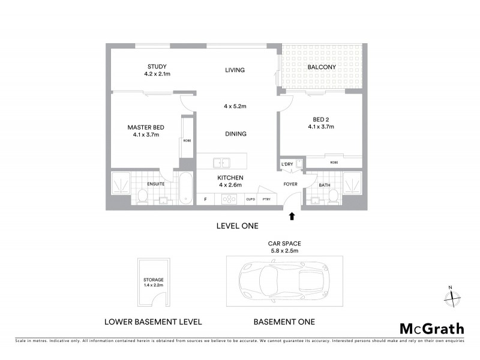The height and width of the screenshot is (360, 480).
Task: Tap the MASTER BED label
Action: (146, 127)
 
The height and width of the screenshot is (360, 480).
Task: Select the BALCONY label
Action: (322, 67)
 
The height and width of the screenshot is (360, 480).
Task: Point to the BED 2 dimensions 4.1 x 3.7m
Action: (321, 127)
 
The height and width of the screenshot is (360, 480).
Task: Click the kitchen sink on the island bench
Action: (221, 161)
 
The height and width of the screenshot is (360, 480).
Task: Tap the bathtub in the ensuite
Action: (186, 188)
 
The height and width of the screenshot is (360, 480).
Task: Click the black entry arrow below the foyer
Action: (292, 215)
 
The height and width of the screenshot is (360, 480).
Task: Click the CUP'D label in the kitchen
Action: (250, 199)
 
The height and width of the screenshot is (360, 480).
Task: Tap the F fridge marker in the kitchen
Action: (205, 199)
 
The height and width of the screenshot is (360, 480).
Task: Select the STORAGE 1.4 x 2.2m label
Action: (154, 283)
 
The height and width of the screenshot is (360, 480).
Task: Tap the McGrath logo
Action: (431, 328)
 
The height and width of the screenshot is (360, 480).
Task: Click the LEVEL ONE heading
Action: (237, 226)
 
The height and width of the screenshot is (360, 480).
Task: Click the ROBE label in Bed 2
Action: (333, 162)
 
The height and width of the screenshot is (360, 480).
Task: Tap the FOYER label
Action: (290, 185)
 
